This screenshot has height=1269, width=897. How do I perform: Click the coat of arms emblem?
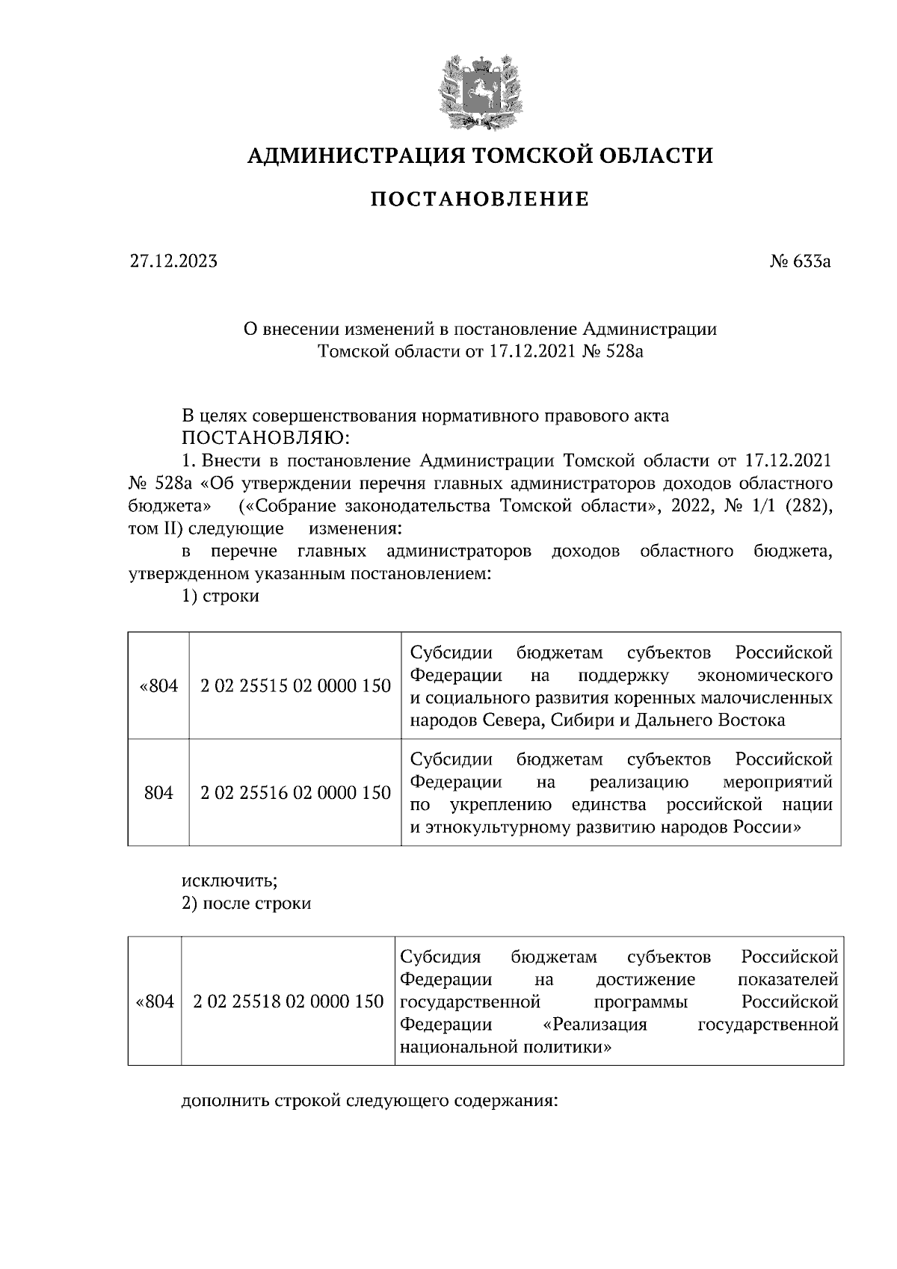(x=479, y=90)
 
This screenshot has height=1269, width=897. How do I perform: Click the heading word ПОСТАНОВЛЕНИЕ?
(x=480, y=200)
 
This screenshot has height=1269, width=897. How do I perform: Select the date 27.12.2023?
(x=173, y=262)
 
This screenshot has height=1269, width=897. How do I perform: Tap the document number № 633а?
(x=800, y=262)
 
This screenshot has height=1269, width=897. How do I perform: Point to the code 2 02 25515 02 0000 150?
(x=295, y=686)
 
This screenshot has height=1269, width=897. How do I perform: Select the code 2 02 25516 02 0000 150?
(x=295, y=793)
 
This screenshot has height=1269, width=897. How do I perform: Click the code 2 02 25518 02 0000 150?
(x=288, y=1001)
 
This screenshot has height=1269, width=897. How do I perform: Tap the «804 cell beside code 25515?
(x=158, y=686)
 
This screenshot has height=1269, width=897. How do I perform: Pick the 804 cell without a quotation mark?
(x=158, y=793)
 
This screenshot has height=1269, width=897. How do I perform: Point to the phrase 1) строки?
(x=221, y=597)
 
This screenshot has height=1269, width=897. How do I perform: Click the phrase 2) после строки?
(x=247, y=904)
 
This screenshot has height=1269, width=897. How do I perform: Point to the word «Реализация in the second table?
(x=595, y=1025)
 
